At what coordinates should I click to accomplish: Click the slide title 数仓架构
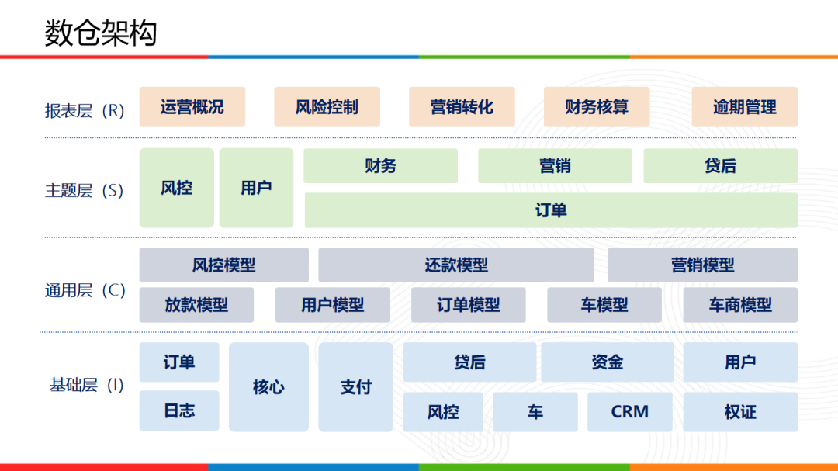[x=101, y=33]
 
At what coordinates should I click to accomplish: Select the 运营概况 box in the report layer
[x=192, y=107]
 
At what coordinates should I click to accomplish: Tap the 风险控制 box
[x=327, y=107]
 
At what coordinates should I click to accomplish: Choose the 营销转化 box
[x=462, y=107]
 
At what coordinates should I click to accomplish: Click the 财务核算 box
[x=597, y=107]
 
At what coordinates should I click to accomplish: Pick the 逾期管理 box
[x=744, y=107]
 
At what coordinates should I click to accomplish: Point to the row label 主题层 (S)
[x=84, y=190]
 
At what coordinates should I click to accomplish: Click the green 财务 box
[x=380, y=165]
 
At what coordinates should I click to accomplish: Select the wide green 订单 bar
[x=551, y=210]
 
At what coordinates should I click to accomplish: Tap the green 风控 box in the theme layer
[x=176, y=188]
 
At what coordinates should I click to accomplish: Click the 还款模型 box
[x=456, y=265]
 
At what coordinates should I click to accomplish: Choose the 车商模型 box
[x=740, y=305]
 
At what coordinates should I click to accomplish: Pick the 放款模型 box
[x=196, y=305]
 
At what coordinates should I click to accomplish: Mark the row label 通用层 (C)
[x=85, y=291]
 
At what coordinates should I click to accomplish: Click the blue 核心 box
[x=268, y=387]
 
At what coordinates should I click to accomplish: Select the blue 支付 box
[x=355, y=387]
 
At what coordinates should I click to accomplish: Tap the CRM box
[x=629, y=412]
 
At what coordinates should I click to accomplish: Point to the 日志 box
[x=179, y=411]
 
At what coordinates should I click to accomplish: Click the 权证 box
[x=740, y=412]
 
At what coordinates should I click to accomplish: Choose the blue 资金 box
[x=607, y=362]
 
